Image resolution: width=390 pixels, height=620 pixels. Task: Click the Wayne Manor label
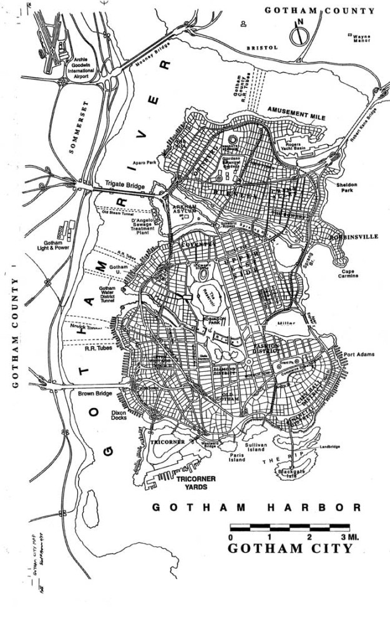click(x=361, y=39)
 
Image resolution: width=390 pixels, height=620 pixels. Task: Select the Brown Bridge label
click(x=95, y=394)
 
